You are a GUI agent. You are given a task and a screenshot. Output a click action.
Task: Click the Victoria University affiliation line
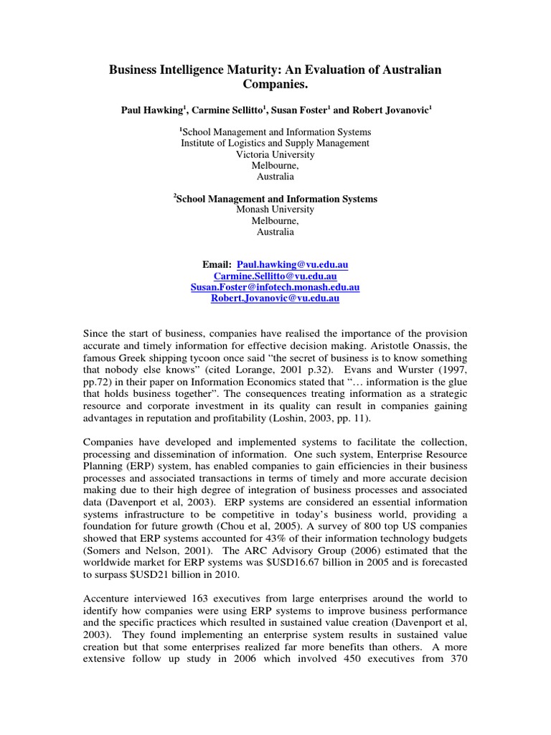[275, 154]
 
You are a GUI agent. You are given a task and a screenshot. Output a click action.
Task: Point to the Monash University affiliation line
[275, 210]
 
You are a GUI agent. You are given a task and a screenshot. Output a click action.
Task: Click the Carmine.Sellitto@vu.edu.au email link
[275, 276]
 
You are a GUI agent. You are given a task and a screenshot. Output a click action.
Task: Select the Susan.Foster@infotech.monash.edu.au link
[275, 287]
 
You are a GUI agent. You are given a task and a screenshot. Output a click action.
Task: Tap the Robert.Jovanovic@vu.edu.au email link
[275, 299]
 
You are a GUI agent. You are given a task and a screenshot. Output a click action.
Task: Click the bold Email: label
[218, 265]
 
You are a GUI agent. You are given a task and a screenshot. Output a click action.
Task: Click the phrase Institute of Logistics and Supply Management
[275, 143]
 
